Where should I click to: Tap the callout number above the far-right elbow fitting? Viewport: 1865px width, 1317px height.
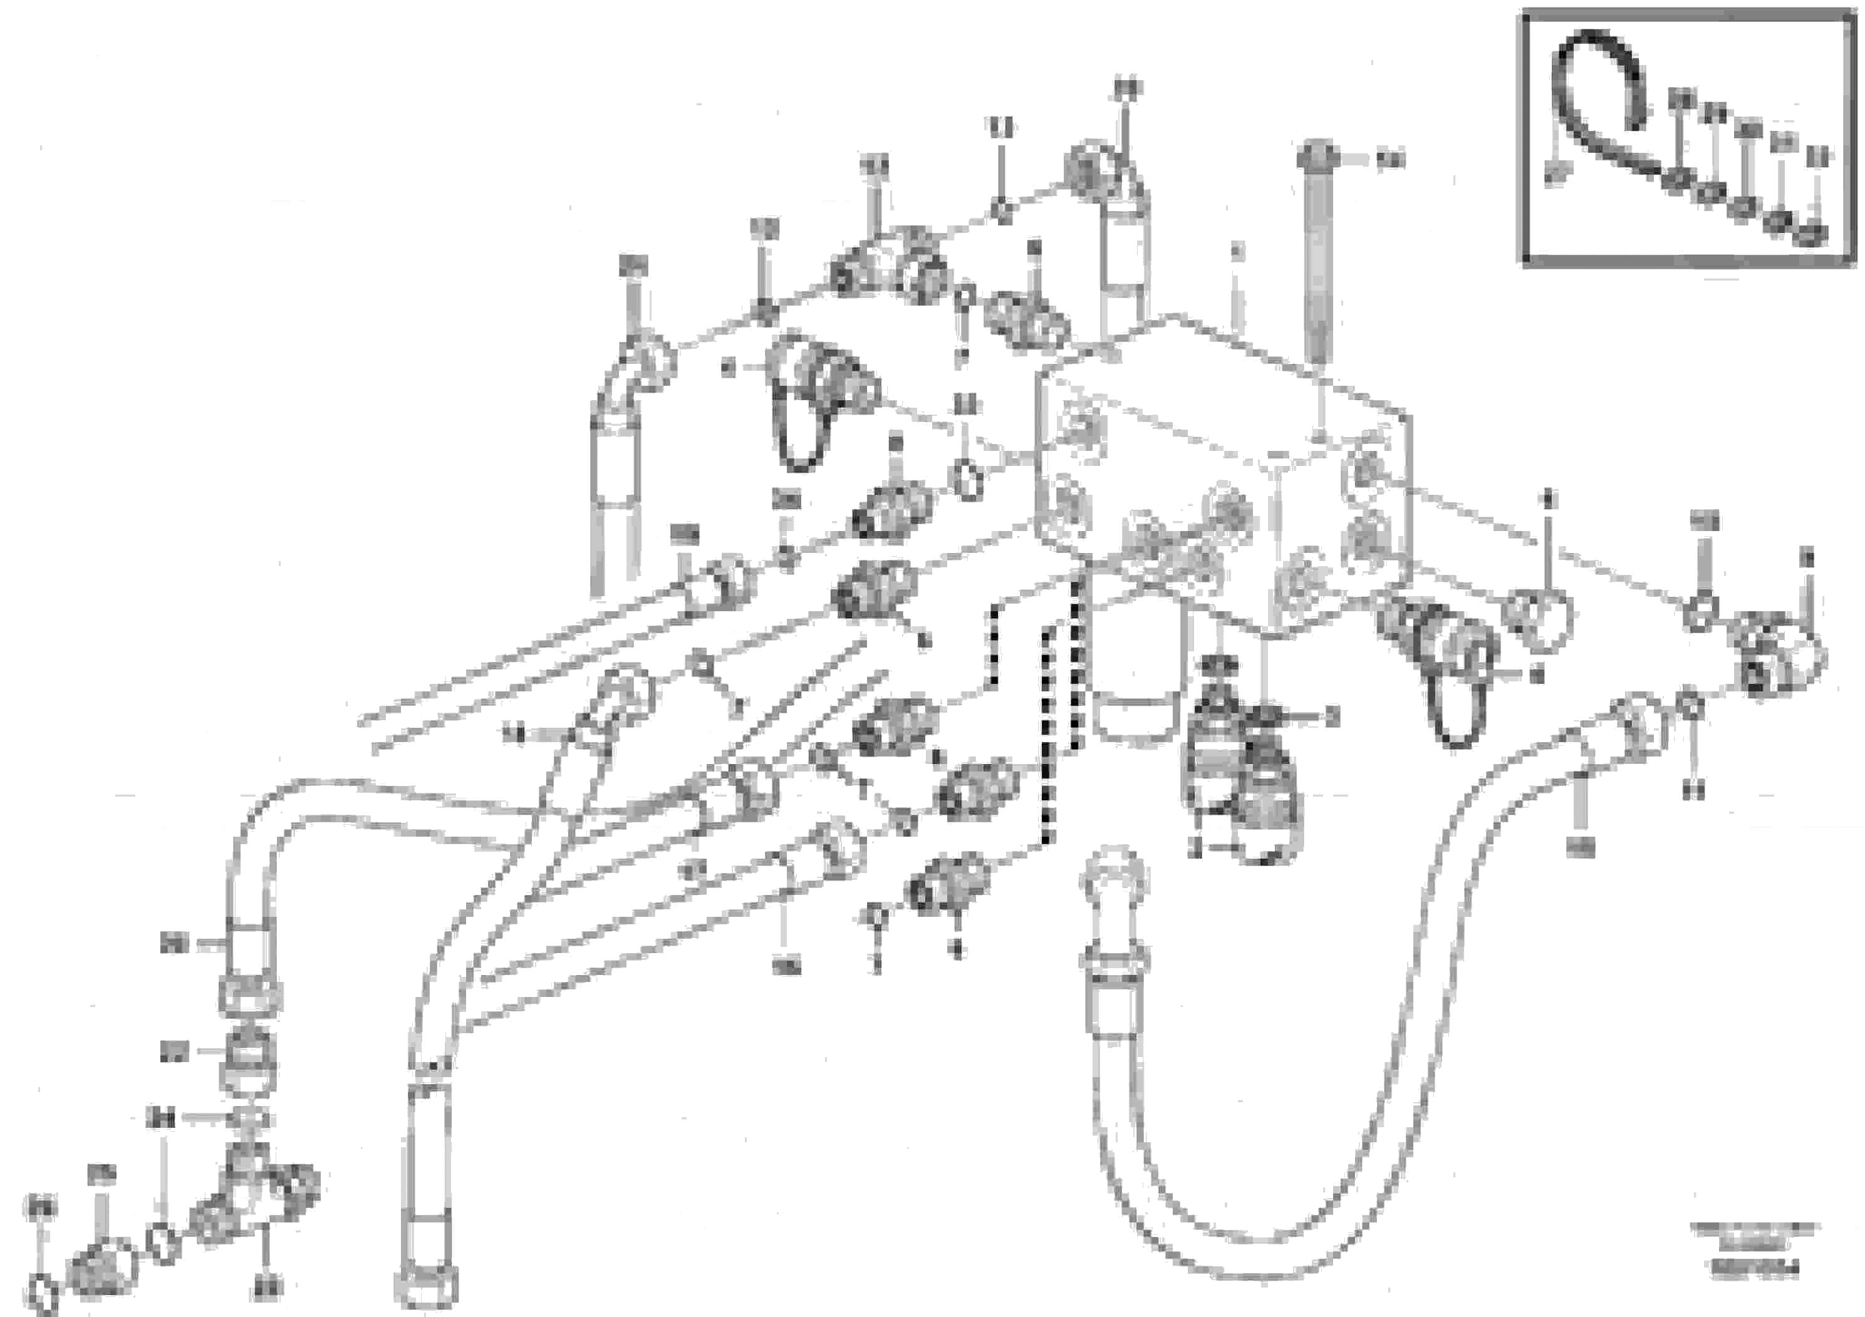pos(1807,558)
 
